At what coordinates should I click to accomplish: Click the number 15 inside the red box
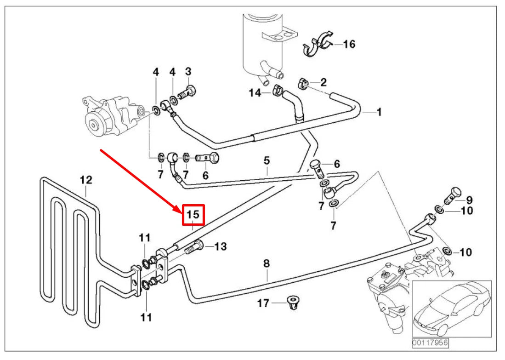tap(193, 215)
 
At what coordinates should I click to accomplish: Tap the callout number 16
tap(349, 44)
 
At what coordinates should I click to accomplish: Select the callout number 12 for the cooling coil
tap(86, 179)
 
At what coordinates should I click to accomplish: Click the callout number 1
tap(379, 112)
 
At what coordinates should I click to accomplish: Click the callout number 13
tap(221, 247)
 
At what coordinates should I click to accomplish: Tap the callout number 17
tap(263, 303)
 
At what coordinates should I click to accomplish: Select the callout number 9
tap(469, 200)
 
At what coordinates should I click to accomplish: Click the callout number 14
tap(255, 93)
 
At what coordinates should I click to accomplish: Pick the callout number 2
tap(323, 82)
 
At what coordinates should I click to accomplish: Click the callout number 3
tap(188, 72)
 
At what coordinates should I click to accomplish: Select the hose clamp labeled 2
tap(303, 83)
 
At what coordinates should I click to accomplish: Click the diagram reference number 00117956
tap(429, 343)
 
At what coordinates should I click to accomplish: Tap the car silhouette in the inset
tap(450, 308)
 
